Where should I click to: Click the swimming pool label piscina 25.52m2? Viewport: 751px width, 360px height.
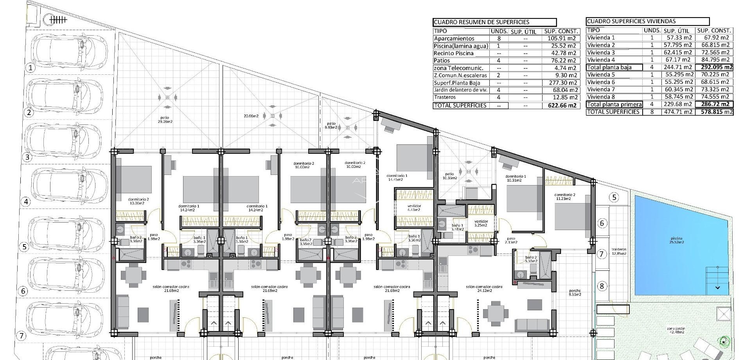pyautogui.click(x=676, y=240)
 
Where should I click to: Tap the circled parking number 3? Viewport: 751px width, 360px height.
pyautogui.click(x=27, y=158)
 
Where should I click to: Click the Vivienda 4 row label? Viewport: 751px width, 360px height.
pyautogui.click(x=601, y=60)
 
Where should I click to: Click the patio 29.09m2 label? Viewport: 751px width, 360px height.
pyautogui.click(x=167, y=119)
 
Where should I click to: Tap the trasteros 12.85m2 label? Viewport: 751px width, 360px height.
pyautogui.click(x=619, y=251)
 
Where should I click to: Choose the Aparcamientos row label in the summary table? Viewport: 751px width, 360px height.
pyautogui.click(x=454, y=38)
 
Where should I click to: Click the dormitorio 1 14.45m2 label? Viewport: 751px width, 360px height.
pyautogui.click(x=397, y=178)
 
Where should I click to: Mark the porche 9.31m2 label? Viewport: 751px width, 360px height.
pyautogui.click(x=575, y=293)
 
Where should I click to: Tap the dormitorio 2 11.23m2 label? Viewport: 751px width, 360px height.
pyautogui.click(x=565, y=197)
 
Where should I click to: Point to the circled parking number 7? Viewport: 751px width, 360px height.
pyautogui.click(x=22, y=336)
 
